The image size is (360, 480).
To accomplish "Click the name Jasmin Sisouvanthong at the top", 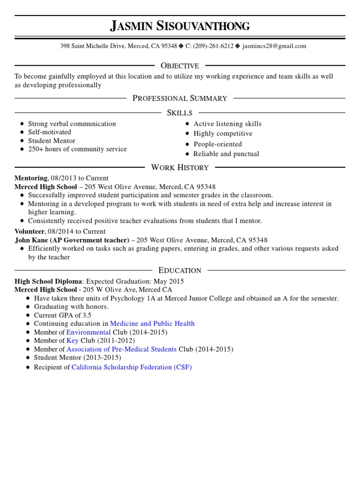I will click(180, 26).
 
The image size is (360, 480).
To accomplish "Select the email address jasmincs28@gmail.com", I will click(274, 46).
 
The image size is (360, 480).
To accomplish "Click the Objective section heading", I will click(180, 66).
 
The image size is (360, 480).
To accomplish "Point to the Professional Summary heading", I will click(180, 98).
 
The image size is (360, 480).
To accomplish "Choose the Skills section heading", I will click(180, 112).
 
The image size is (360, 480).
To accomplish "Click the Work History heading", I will click(180, 167).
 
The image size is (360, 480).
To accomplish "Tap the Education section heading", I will click(180, 270).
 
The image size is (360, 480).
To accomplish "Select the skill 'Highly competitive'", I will click(223, 134).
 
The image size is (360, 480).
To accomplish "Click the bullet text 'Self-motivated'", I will click(50, 132).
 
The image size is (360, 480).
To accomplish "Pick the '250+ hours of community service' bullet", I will click(77, 149).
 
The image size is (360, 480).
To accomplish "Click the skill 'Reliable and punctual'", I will click(226, 154).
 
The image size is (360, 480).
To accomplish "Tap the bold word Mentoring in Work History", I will click(31, 178).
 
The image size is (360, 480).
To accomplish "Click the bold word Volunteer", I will click(30, 231).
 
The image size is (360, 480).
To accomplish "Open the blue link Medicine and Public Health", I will click(152, 323).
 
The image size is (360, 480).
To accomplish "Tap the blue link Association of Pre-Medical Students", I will click(121, 349).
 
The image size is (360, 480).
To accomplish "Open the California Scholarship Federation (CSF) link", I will click(131, 367).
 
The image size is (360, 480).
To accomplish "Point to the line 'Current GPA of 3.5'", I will click(62, 315).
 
